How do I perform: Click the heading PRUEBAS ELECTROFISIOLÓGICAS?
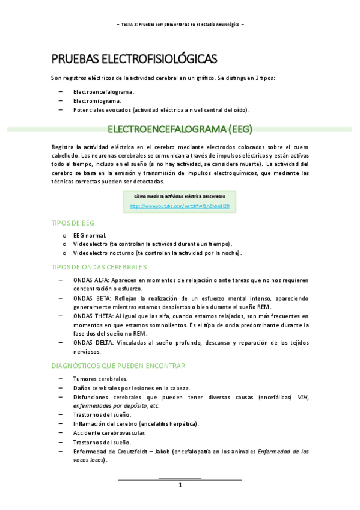134,58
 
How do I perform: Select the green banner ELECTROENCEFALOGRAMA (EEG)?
179,129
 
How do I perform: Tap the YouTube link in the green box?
180,206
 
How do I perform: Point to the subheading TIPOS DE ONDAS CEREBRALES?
99,266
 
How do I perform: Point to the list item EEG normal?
90,235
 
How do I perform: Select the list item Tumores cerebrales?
100,379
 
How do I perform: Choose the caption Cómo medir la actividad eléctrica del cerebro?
180,197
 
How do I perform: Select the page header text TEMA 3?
129,24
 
